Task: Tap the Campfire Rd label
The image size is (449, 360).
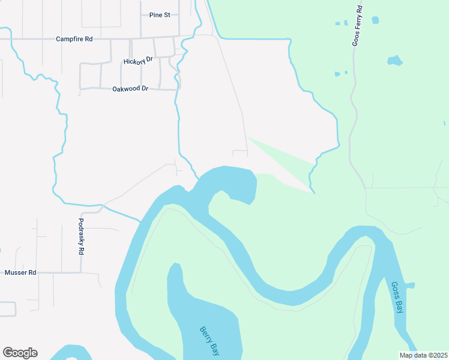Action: point(74,39)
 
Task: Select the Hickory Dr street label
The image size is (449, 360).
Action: point(138,61)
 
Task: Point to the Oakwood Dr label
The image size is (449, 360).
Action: point(130,89)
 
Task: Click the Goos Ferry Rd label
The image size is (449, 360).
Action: point(357,26)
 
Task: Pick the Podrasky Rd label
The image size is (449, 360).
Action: point(81,236)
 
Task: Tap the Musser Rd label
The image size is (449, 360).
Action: point(20,272)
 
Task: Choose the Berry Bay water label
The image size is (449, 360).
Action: point(209,341)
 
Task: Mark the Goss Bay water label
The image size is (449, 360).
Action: point(397,298)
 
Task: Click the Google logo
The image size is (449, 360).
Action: point(20,353)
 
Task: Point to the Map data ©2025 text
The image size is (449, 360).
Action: point(423,355)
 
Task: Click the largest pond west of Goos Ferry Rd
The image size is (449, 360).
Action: point(394,61)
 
